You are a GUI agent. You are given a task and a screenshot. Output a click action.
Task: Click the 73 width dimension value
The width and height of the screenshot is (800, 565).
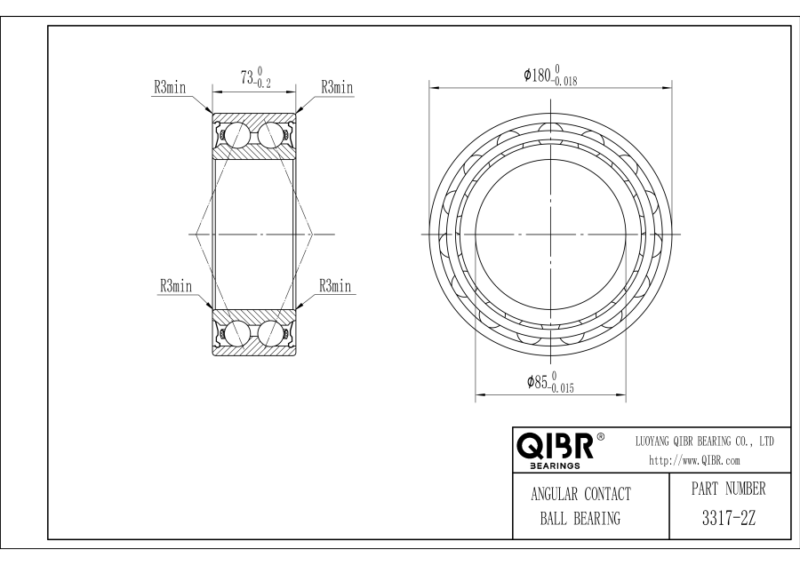point(256,77)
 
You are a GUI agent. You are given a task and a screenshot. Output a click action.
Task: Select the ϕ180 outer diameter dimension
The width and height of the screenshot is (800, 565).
point(550,76)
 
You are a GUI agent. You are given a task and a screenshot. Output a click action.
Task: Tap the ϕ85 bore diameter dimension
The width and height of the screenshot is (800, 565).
point(550,383)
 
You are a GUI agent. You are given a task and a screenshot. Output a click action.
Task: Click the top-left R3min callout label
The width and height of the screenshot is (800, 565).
point(171,87)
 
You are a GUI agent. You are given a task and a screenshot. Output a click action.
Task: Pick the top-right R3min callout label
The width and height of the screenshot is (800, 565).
point(337,87)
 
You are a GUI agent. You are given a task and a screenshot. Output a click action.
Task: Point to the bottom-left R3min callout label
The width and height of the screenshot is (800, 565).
point(176,285)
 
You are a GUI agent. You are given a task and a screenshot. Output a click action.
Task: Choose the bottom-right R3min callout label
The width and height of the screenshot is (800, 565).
point(335,285)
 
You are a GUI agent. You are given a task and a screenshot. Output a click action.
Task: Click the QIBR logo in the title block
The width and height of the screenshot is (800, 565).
point(555,446)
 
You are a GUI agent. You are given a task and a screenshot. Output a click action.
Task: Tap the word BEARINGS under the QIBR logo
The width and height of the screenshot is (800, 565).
point(555,466)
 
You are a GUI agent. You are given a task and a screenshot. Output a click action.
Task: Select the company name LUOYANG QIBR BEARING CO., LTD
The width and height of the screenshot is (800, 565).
point(705,442)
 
